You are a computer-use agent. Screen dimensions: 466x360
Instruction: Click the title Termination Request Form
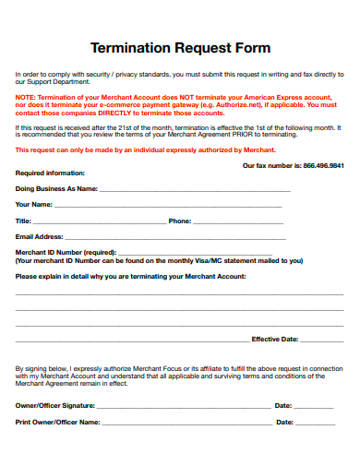180,47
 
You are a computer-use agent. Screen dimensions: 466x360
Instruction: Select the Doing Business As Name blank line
194,190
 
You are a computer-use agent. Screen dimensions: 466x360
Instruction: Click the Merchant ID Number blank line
194,253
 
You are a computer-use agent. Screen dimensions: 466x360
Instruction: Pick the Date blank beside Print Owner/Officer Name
316,423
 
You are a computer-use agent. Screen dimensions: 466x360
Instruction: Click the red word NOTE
26,97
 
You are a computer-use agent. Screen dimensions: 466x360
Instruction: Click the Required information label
50,173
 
